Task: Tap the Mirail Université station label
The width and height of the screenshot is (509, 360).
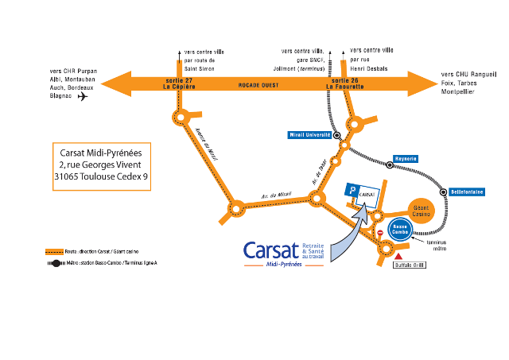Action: (309, 135)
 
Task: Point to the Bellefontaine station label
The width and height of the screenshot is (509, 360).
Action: (469, 192)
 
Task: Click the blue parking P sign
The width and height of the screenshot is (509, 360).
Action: (352, 191)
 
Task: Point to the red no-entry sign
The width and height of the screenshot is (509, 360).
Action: (380, 233)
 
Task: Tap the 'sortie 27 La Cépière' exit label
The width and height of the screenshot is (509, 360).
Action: (180, 84)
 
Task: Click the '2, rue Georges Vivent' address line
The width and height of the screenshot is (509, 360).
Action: (101, 164)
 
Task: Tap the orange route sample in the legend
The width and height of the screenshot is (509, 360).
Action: (53, 250)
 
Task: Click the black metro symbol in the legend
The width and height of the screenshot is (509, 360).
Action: (53, 262)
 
